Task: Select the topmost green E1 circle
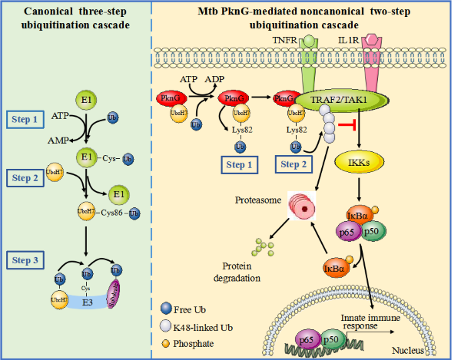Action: click(87, 100)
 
